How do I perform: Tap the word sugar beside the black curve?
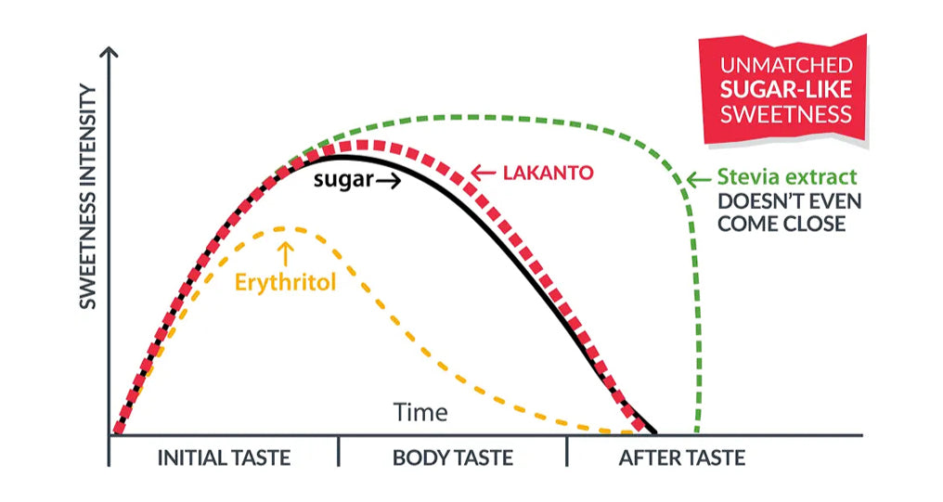pos(342,180)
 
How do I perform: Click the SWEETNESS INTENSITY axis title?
pos(88,197)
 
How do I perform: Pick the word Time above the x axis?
pos(420,412)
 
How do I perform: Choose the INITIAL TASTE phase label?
pos(224,457)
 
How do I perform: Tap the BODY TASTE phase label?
pos(452,457)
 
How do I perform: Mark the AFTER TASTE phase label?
pos(681,457)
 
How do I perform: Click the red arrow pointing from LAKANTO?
pos(483,173)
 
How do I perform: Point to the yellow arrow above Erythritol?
pos(286,251)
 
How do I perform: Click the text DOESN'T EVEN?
pos(790,201)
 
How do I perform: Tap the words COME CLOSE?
pos(782,225)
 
